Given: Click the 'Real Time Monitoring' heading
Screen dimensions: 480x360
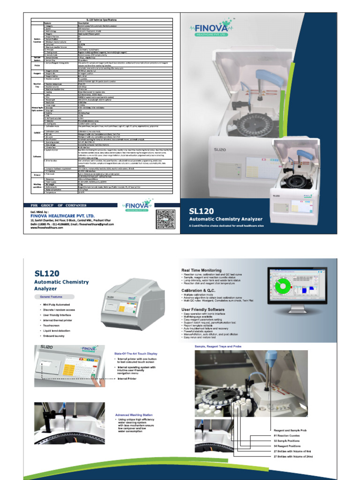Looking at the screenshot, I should click(202, 270).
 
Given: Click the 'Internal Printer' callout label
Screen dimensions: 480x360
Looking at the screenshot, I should click(126, 379).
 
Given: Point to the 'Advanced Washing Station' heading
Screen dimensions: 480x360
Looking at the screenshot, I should click(134, 415).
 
